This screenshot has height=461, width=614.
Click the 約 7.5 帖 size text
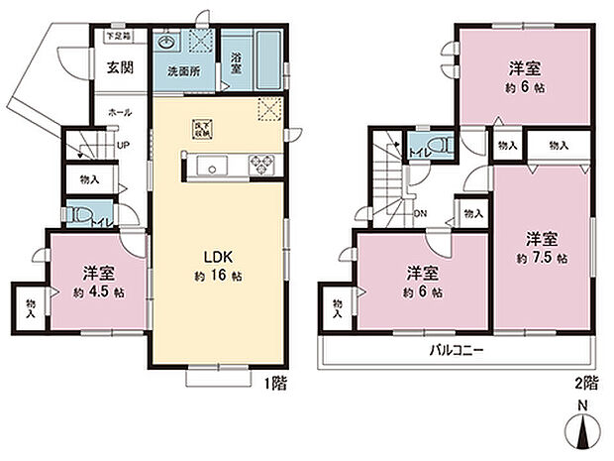(x=542, y=258)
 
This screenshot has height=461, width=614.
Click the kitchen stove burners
(x=261, y=164)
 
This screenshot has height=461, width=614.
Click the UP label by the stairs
(x=123, y=145)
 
